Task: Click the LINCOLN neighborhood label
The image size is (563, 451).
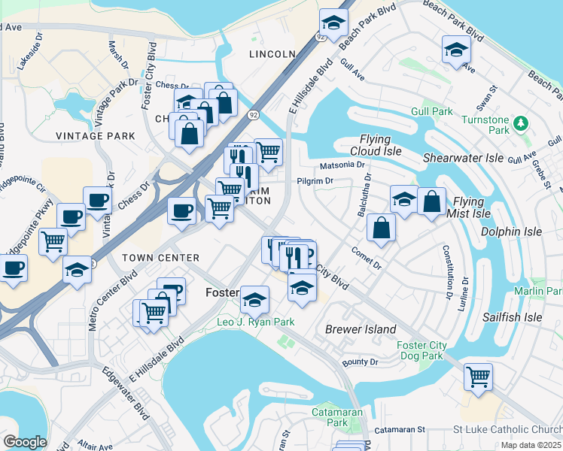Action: [272, 54]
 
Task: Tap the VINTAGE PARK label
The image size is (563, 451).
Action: [96, 136]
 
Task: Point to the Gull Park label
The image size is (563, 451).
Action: [432, 112]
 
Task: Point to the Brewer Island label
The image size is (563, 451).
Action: [361, 329]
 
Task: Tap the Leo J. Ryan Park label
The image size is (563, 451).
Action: [245, 322]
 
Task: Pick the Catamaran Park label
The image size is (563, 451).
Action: [338, 418]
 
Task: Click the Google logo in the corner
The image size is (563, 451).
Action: [24, 442]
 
